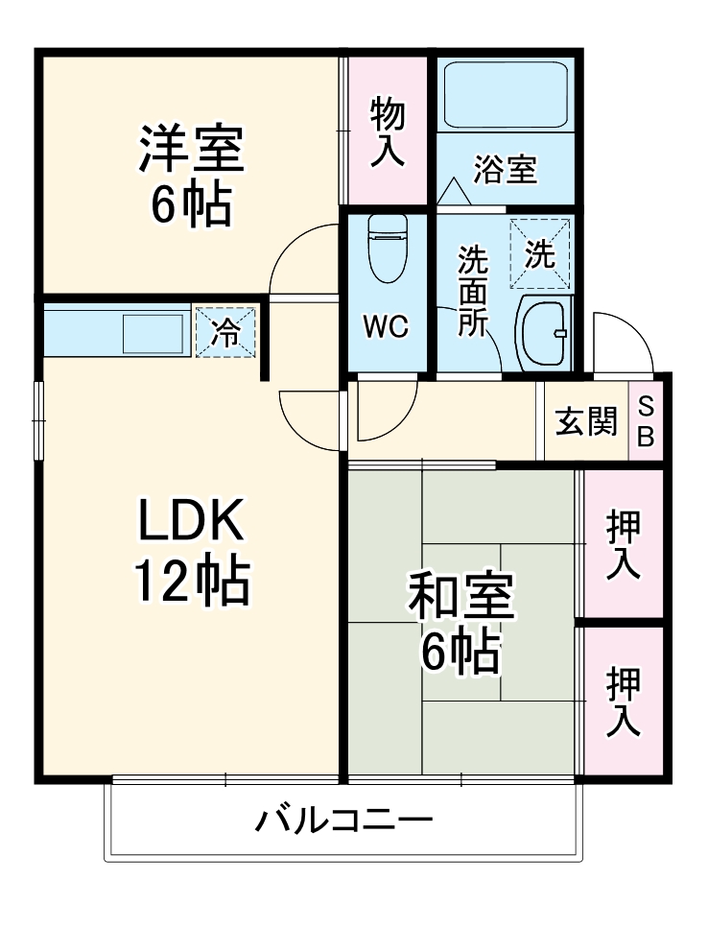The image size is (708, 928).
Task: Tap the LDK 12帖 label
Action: pos(191,549)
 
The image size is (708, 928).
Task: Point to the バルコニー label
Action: pos(343,821)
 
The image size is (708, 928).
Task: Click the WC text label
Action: pos(386,326)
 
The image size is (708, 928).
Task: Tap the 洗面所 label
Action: pos(471,291)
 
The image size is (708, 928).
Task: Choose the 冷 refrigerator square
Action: pos(226,332)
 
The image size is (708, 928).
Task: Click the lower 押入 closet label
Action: pos(623,702)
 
